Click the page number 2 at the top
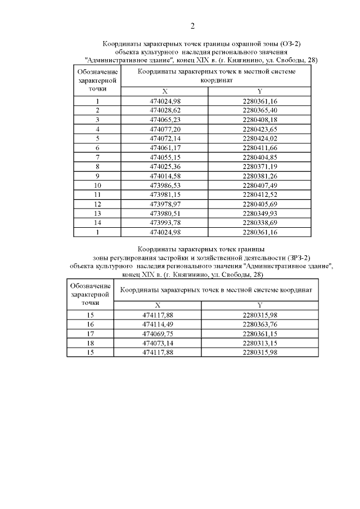tap(192, 26)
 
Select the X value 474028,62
tap(165, 110)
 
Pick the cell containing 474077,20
tap(165, 128)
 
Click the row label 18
tap(90, 343)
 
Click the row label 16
tap(90, 324)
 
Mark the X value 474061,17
tap(165, 147)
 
